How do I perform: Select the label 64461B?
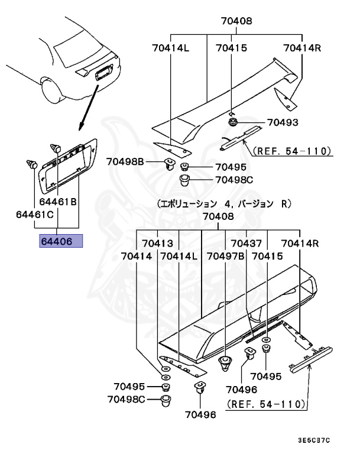click(x=66, y=202)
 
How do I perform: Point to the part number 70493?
click(x=282, y=123)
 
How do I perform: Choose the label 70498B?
click(x=125, y=161)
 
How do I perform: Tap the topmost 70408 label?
click(x=236, y=21)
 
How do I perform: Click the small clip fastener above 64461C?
click(x=33, y=163)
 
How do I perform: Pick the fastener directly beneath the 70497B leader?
click(x=225, y=362)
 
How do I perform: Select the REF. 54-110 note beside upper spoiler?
click(x=292, y=151)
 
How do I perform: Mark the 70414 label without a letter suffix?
click(x=137, y=257)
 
